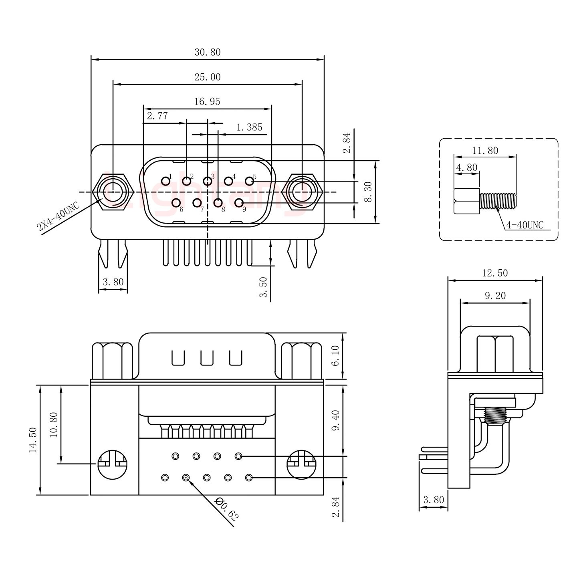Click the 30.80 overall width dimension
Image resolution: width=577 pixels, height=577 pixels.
(x=208, y=52)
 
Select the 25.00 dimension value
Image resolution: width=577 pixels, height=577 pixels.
(x=208, y=77)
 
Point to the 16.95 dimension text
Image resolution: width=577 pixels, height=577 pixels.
(x=208, y=102)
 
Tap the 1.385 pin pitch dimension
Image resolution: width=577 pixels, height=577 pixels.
(x=249, y=127)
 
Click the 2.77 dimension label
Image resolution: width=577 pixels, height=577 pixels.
(x=157, y=117)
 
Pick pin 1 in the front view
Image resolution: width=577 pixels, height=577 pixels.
(x=165, y=181)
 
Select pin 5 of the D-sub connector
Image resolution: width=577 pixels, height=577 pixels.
(x=249, y=181)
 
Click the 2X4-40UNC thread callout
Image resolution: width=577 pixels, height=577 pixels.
(x=58, y=217)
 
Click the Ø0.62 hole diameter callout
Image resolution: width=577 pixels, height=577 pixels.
(x=227, y=509)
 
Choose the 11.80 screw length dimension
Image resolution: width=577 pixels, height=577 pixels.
(x=485, y=151)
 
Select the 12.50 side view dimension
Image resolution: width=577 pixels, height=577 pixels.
(x=494, y=273)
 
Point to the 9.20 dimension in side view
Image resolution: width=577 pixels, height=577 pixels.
(x=495, y=296)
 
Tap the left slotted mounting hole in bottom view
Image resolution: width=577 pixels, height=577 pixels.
(x=112, y=464)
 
